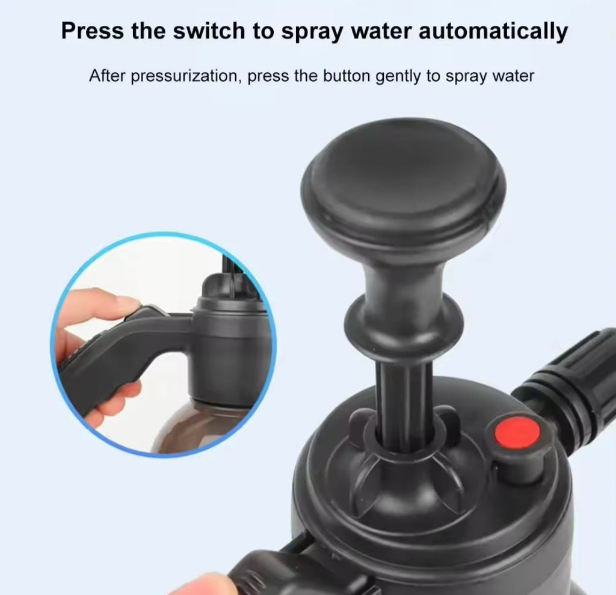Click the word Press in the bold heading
pyautogui.click(x=92, y=31)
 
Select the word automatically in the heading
pyautogui.click(x=493, y=31)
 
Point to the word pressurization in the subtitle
pyautogui.click(x=185, y=76)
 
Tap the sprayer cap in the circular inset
pyautogui.click(x=230, y=349)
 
